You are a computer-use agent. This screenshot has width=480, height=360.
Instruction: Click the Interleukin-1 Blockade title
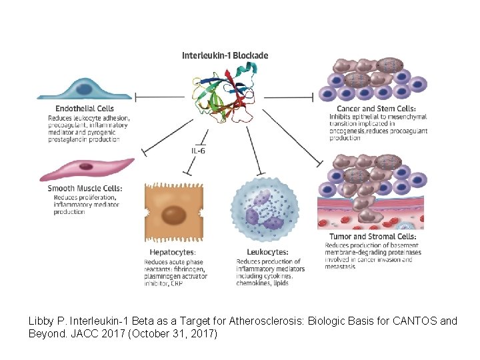click(225, 55)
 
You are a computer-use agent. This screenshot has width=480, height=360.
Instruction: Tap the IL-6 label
click(199, 151)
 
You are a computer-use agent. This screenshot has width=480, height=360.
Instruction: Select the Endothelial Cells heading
click(85, 108)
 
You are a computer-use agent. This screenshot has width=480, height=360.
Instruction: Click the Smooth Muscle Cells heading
click(85, 189)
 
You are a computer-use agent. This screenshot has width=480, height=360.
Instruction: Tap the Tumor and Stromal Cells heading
click(373, 237)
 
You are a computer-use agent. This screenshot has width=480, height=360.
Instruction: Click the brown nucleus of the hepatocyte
click(175, 215)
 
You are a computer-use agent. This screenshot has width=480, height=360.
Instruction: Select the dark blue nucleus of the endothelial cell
click(85, 89)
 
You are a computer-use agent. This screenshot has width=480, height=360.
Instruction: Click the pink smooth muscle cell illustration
click(87, 169)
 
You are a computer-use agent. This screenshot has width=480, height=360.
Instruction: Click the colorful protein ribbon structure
click(230, 93)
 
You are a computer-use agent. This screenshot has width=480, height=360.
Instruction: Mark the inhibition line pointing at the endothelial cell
click(160, 97)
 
